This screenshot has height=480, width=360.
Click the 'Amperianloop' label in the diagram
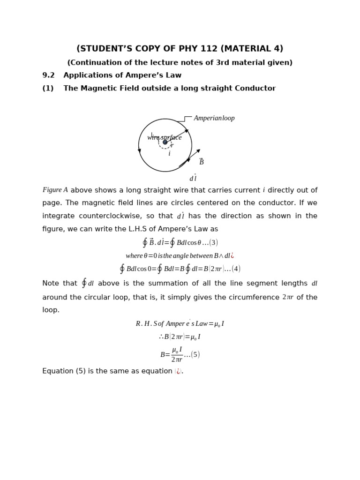[x=214, y=119]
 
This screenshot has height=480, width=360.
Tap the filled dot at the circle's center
[x=165, y=142]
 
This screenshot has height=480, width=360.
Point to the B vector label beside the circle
[x=202, y=162]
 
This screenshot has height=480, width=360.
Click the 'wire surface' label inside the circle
[x=164, y=137]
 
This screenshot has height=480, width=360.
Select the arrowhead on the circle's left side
[x=139, y=150]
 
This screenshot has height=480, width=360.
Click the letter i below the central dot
[x=169, y=154]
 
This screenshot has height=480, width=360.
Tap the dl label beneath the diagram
[x=193, y=178]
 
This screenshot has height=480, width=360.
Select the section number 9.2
[x=49, y=75]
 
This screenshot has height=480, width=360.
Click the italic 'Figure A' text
[x=55, y=190]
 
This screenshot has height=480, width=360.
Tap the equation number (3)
[x=213, y=243]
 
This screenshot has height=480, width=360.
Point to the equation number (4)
[x=236, y=269]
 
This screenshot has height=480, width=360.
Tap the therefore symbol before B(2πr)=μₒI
[x=161, y=337]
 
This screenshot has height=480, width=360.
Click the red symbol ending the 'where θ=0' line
[x=232, y=256]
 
